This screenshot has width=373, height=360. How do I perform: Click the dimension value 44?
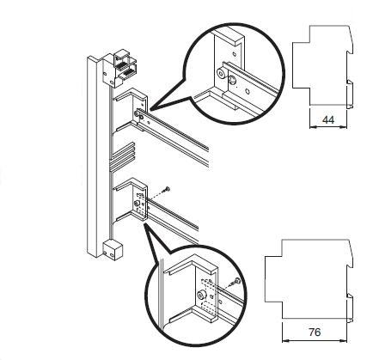click(x=328, y=119)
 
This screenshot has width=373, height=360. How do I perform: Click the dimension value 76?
click(x=315, y=333)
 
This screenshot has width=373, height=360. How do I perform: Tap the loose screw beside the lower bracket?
click(x=167, y=189)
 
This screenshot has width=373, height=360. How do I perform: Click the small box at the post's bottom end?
click(x=113, y=250)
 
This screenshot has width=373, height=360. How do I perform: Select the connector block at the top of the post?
click(x=119, y=68)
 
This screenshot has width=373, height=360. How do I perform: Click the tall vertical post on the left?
click(x=95, y=156)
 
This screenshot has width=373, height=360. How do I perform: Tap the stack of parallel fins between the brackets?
click(x=123, y=157)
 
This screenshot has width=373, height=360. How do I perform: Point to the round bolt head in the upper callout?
click(x=222, y=73)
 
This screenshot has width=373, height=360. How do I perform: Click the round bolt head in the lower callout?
click(x=201, y=295)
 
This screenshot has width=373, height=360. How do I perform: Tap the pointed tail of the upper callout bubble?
click(x=151, y=109)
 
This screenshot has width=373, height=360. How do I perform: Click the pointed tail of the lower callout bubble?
click(x=145, y=224)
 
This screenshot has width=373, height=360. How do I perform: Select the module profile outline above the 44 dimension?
click(x=323, y=67)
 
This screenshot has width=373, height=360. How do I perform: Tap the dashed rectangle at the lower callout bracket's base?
click(x=208, y=308)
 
